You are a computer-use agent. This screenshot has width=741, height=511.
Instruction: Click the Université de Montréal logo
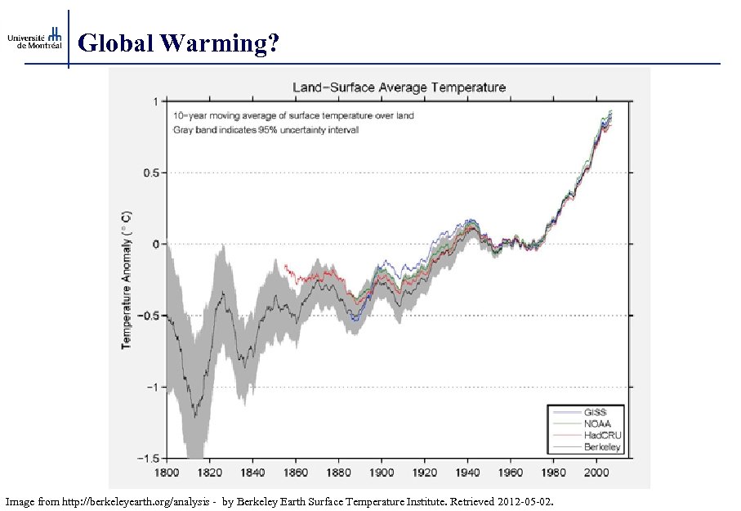click(x=34, y=38)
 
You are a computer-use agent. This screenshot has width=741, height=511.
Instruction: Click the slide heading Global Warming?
click(x=180, y=43)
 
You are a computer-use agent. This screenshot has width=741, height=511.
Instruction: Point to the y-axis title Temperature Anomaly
click(x=127, y=279)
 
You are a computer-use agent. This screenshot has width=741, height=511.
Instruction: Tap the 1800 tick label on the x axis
click(x=167, y=473)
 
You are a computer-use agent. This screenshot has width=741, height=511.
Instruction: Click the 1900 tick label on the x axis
click(x=382, y=473)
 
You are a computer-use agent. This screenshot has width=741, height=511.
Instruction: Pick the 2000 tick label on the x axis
click(x=596, y=473)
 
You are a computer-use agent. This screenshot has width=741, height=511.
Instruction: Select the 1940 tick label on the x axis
click(x=467, y=473)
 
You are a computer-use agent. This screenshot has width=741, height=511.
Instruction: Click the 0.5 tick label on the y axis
click(x=150, y=173)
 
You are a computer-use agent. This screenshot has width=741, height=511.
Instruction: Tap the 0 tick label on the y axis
click(x=155, y=244)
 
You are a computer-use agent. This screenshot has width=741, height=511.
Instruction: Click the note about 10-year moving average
click(x=293, y=115)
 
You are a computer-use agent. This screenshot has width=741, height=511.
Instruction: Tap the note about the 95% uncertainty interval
click(x=266, y=129)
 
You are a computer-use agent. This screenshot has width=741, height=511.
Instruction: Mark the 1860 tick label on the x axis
click(x=296, y=473)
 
